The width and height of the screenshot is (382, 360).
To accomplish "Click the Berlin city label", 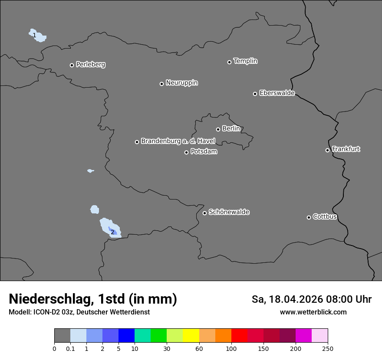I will (x=231, y=129).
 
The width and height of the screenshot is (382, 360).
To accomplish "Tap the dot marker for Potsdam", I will (x=187, y=152).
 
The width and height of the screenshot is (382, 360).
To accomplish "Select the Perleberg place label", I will (x=90, y=65).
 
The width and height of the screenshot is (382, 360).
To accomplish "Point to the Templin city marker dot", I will (x=230, y=62).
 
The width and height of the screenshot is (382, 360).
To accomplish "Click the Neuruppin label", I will (x=181, y=83).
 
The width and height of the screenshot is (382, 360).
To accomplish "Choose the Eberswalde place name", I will (x=277, y=93).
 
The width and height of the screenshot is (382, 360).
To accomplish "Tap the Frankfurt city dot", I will (x=328, y=150).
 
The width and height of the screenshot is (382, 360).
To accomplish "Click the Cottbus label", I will (x=325, y=217).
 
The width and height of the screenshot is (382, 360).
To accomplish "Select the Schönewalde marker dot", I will (x=205, y=213).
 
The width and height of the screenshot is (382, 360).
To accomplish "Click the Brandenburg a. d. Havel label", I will (x=178, y=141).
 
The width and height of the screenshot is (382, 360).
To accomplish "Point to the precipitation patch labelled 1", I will (x=39, y=36).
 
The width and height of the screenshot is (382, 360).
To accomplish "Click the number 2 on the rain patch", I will (x=112, y=232).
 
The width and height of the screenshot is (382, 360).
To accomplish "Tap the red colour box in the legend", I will (x=239, y=336).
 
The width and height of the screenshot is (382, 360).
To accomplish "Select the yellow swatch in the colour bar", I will (x=191, y=336).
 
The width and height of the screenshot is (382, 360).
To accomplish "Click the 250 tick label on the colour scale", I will (x=328, y=348).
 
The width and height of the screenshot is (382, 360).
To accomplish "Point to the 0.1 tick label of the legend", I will (x=70, y=348).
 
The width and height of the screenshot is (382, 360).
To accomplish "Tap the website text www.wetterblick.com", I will (x=313, y=312).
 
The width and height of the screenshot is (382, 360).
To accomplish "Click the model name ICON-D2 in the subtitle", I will (x=46, y=312).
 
